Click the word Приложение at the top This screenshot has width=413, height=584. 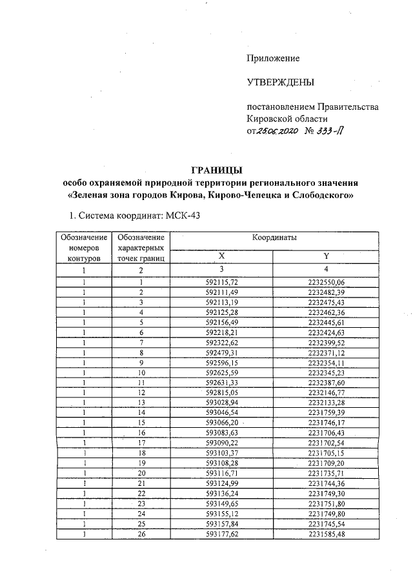pyautogui.click(x=274, y=59)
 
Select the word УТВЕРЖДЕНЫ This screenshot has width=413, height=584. pyautogui.click(x=281, y=83)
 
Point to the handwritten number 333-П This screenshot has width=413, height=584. pyautogui.click(x=330, y=131)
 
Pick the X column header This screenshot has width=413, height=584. pyautogui.click(x=221, y=256)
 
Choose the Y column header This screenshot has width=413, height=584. pyautogui.click(x=326, y=256)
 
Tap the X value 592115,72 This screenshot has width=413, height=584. pyautogui.click(x=221, y=283)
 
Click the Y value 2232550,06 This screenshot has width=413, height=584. pyautogui.click(x=327, y=283)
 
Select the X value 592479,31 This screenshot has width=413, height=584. pyautogui.click(x=221, y=353)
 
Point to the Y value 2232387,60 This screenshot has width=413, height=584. pyautogui.click(x=327, y=383)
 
